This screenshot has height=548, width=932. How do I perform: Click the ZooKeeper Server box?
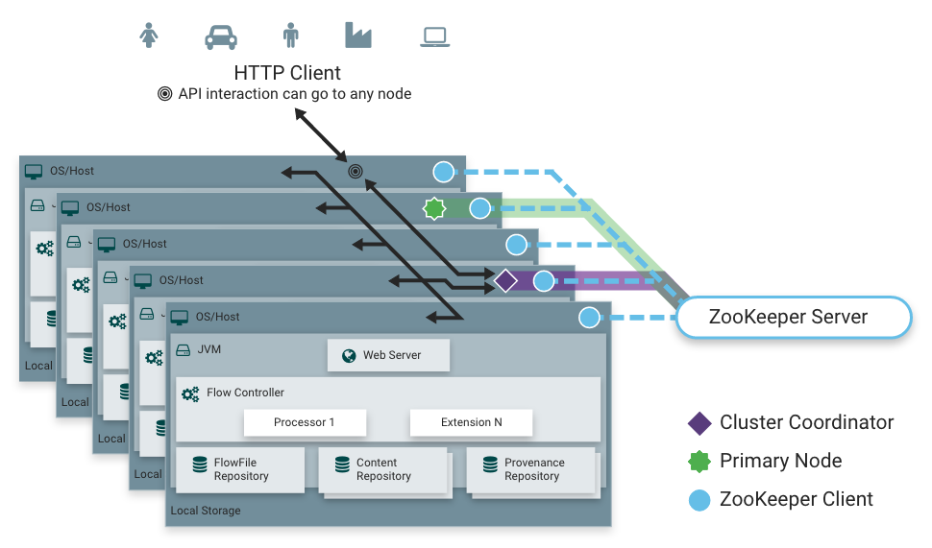(x=793, y=318)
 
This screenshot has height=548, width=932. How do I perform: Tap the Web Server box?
(x=388, y=355)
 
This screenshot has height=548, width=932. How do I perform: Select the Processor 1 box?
(x=305, y=422)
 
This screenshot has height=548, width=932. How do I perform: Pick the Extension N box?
(x=471, y=422)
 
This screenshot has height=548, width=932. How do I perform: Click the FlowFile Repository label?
(x=241, y=469)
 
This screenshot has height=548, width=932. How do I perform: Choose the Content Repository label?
(x=383, y=469)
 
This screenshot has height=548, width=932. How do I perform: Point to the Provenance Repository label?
(x=534, y=469)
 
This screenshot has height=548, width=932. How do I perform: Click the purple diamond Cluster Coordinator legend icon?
(x=699, y=423)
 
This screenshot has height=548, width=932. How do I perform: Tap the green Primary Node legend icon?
(x=699, y=461)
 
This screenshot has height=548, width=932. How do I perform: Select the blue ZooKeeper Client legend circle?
(x=699, y=499)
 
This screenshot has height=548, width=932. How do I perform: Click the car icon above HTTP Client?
(x=221, y=36)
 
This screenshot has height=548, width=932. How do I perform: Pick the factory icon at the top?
(x=357, y=35)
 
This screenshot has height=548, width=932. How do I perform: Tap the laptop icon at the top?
(x=435, y=36)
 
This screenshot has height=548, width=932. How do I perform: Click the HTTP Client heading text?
(x=286, y=73)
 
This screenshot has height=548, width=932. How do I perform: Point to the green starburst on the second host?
(x=435, y=207)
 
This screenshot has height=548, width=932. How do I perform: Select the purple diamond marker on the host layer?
(x=506, y=281)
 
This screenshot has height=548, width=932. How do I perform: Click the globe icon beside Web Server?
(x=349, y=356)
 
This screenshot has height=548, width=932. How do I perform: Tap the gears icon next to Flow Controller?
(x=190, y=393)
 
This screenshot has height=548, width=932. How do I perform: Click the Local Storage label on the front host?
(x=206, y=511)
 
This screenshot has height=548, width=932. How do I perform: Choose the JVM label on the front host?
(x=208, y=349)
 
